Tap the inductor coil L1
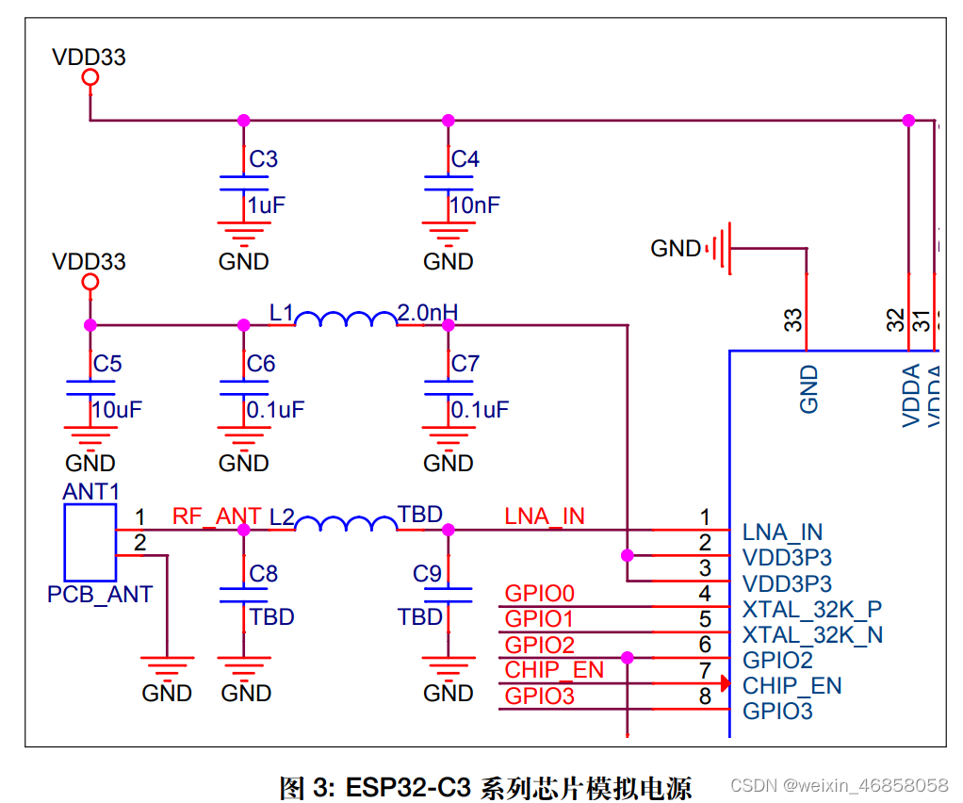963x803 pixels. [x=346, y=320]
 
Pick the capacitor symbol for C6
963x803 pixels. [x=243, y=387]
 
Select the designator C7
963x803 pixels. [x=465, y=364]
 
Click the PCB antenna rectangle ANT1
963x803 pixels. [x=90, y=542]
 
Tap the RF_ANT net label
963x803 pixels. [x=217, y=516]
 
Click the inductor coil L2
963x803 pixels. [x=346, y=524]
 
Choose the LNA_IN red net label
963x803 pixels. [x=545, y=516]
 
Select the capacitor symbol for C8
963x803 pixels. [x=243, y=593]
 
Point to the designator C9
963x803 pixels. [x=427, y=574]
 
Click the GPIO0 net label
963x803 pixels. [x=540, y=594]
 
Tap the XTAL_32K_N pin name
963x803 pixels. [x=812, y=634]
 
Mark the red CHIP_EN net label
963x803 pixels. [x=554, y=670]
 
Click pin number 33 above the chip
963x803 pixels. [x=794, y=320]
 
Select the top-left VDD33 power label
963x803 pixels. [x=89, y=57]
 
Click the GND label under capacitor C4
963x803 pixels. [x=448, y=261]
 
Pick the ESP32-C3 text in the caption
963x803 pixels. [x=408, y=786]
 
